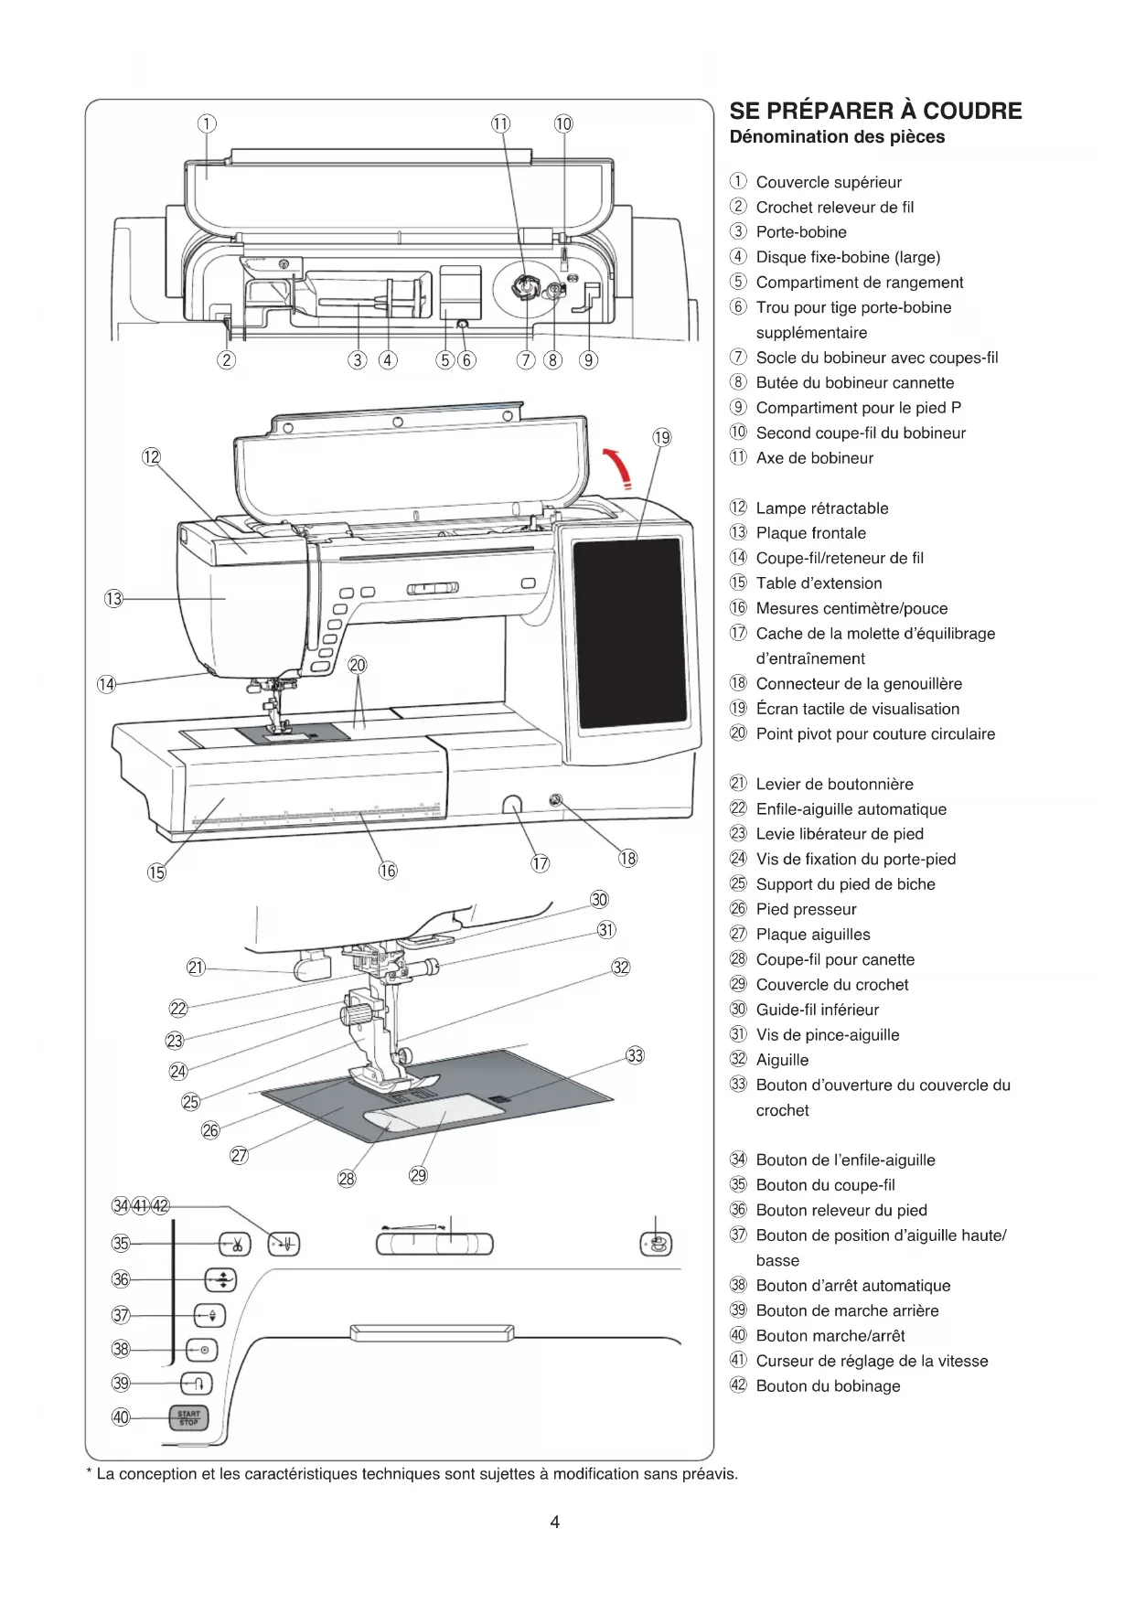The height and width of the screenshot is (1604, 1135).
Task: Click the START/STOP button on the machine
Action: click(x=188, y=1417)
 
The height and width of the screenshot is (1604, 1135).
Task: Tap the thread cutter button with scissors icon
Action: click(x=235, y=1244)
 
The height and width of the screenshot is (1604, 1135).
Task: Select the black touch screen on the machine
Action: click(x=628, y=633)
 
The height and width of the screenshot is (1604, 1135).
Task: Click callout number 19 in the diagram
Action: click(x=662, y=438)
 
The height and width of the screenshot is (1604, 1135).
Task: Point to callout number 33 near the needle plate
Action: click(x=635, y=1056)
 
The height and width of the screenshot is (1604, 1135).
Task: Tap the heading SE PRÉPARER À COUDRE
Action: click(x=875, y=112)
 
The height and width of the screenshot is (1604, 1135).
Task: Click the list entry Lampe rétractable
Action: click(x=821, y=508)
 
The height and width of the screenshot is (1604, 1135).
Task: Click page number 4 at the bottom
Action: click(x=555, y=1522)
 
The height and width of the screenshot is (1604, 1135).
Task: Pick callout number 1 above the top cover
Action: click(x=208, y=123)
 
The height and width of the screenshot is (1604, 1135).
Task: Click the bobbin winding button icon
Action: click(x=656, y=1244)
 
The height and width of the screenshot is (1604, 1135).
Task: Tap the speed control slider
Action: click(x=434, y=1244)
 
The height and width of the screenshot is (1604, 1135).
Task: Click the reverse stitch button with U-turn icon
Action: click(x=197, y=1383)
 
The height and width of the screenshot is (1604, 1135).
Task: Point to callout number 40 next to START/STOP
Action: click(x=121, y=1417)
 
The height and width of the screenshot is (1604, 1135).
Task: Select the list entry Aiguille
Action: click(x=782, y=1060)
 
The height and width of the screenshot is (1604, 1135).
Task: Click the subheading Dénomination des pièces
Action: click(x=837, y=137)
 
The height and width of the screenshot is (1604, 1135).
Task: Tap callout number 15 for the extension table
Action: click(x=156, y=872)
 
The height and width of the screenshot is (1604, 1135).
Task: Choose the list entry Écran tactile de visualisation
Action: click(x=857, y=709)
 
